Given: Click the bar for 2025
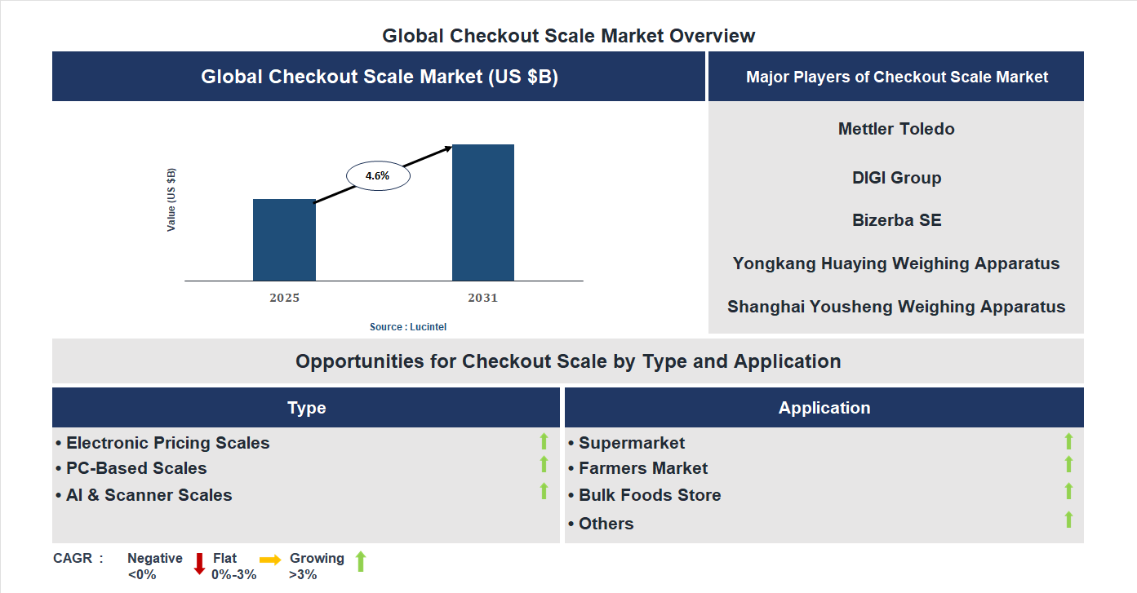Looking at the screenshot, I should pyautogui.click(x=284, y=240).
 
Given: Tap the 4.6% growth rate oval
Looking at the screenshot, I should pyautogui.click(x=378, y=175).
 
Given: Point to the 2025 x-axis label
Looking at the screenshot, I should pyautogui.click(x=284, y=298).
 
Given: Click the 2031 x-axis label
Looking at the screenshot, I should pyautogui.click(x=482, y=298).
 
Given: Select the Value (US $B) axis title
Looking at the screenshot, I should pyautogui.click(x=171, y=200).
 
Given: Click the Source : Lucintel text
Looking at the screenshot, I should pyautogui.click(x=408, y=327).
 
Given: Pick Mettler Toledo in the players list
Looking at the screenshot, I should pyautogui.click(x=896, y=129).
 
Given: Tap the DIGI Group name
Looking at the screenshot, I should pyautogui.click(x=896, y=178).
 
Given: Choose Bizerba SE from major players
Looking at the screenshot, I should pyautogui.click(x=896, y=220).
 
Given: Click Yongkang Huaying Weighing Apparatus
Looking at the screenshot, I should pyautogui.click(x=896, y=263).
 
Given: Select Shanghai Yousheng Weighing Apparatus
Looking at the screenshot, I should pyautogui.click(x=896, y=307).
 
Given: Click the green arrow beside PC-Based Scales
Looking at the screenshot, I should pyautogui.click(x=544, y=464).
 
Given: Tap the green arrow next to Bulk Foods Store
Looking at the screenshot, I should pyautogui.click(x=1068, y=491).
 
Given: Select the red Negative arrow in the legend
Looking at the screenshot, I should pyautogui.click(x=199, y=563).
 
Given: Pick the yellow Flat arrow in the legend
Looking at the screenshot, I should pyautogui.click(x=270, y=560).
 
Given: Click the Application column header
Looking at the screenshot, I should pyautogui.click(x=824, y=408).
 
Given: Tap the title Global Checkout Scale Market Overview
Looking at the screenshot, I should pyautogui.click(x=569, y=36).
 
